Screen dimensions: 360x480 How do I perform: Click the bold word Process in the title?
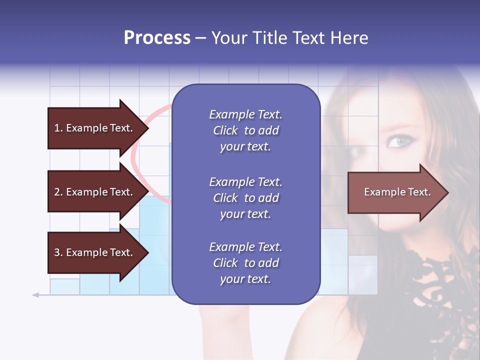[157, 38]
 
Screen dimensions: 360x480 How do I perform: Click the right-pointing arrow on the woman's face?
[395, 192]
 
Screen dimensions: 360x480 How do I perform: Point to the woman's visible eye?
[398, 141]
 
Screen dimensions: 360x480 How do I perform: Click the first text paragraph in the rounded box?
[245, 130]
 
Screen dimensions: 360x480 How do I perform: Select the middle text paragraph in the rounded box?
[245, 198]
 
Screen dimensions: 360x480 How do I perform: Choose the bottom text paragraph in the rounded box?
[245, 263]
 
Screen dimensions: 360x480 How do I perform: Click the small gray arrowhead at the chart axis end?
[35, 295]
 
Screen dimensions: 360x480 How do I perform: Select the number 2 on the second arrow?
[56, 192]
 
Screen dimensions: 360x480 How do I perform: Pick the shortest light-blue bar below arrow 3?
[64, 286]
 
